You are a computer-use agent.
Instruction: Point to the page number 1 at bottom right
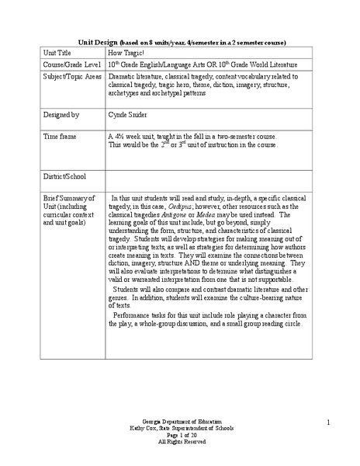click(328, 422)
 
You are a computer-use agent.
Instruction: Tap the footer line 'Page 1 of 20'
click(179, 435)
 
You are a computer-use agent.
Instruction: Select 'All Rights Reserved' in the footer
click(179, 441)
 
